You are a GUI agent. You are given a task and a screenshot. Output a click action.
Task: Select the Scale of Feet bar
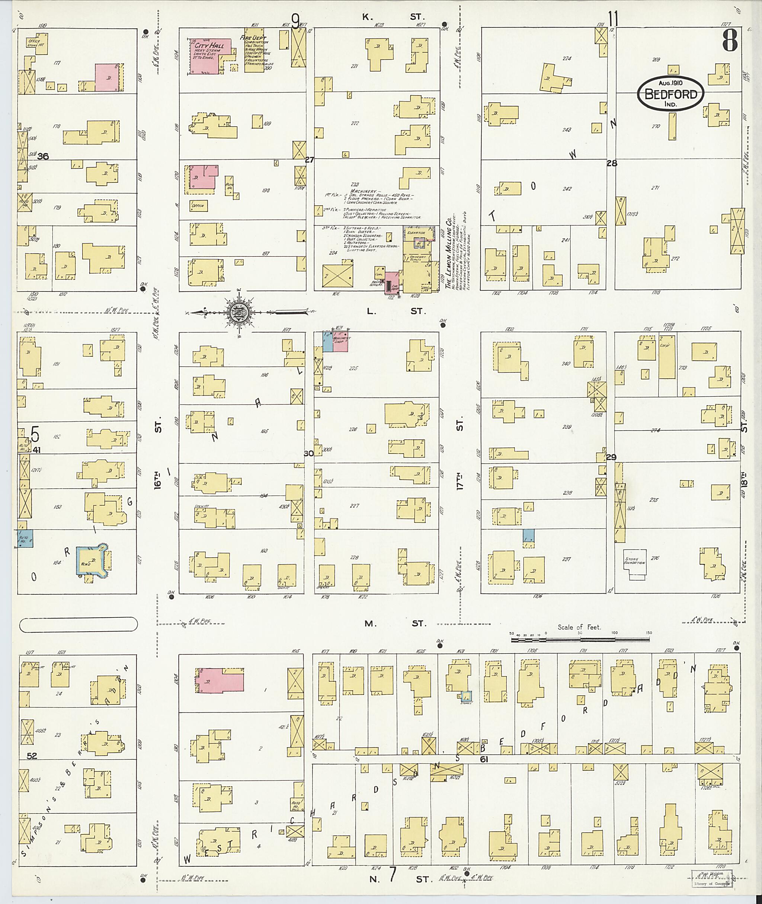point(580,639)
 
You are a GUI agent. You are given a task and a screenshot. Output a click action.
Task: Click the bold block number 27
point(309,160)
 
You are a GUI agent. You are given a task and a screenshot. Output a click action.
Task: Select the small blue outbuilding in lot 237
point(528,536)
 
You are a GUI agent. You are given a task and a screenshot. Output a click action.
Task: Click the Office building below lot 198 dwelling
point(199,206)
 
